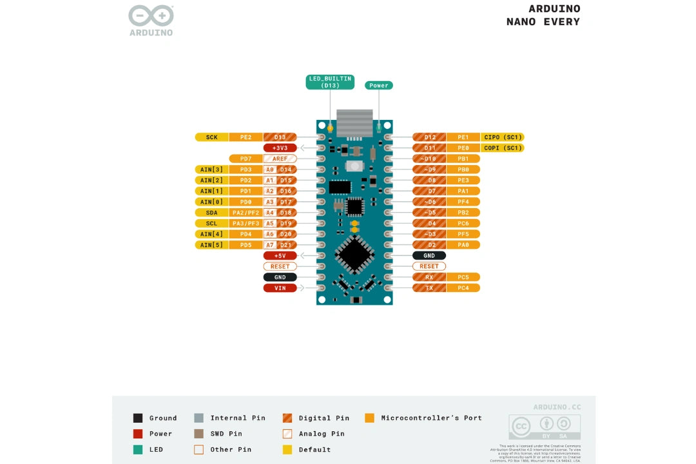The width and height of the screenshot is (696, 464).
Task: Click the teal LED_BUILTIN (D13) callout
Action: [x=330, y=82]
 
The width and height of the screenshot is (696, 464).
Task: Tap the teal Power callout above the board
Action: [x=379, y=85]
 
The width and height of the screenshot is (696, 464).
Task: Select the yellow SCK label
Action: [x=212, y=137]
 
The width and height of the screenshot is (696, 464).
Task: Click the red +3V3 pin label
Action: [x=280, y=148]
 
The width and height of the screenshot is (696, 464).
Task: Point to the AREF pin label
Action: [x=280, y=159]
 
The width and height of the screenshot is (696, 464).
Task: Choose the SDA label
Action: [x=212, y=213]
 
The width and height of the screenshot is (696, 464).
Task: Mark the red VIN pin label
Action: [x=280, y=288]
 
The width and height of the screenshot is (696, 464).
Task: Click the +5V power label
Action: [x=280, y=256]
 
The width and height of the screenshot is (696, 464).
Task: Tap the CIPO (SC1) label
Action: [x=503, y=137]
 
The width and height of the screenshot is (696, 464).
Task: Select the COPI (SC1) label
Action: [x=503, y=148]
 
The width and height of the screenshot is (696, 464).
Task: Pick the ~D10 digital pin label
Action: [x=429, y=159]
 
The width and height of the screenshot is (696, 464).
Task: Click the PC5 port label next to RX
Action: [x=463, y=277]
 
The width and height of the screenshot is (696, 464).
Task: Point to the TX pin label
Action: [x=429, y=288]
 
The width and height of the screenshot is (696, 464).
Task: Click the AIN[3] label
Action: [x=212, y=169]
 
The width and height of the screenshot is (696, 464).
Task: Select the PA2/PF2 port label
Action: [x=246, y=213]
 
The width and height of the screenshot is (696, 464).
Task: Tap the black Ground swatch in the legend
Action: [x=137, y=418]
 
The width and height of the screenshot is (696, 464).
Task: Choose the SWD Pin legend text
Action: [x=226, y=434]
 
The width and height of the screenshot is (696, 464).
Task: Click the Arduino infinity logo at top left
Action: [x=151, y=16]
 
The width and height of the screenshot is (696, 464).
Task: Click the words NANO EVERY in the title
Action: [x=543, y=22]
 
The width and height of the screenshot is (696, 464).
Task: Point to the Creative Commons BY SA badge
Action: [x=545, y=427]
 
